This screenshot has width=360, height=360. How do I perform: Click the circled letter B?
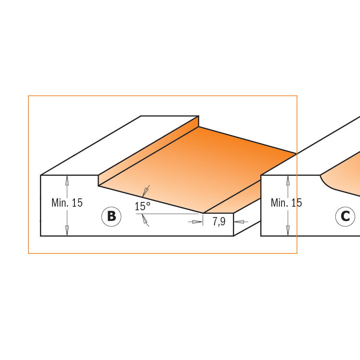coord(111,217)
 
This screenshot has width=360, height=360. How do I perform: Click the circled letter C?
coord(345,217)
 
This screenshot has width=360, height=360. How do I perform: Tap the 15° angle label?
coord(142,207)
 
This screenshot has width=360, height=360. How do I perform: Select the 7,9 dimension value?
coord(219,222)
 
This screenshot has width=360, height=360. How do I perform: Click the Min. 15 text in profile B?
coord(67,203)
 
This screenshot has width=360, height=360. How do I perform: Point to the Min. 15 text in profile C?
coord(286,203)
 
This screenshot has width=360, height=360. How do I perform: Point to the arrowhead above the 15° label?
coord(146,191)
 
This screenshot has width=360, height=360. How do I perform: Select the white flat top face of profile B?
coord(119,144)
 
